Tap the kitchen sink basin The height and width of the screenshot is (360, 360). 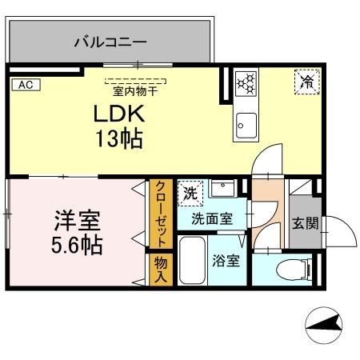tap(245, 124)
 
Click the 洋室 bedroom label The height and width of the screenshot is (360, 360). tap(70, 219)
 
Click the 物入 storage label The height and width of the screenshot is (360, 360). tap(160, 270)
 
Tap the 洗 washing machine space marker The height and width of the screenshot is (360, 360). tap(190, 192)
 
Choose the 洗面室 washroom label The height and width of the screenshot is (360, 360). tap(211, 218)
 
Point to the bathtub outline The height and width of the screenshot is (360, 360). tap(193, 260)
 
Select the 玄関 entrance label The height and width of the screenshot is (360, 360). tap(305, 222)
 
